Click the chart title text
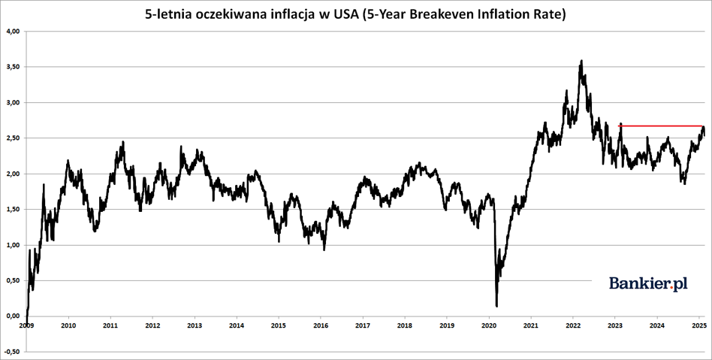pos(355,14)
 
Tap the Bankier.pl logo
pos(647,283)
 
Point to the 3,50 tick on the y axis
pos(13,67)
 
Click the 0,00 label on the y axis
pos(13,316)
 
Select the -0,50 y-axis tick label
pos(12,351)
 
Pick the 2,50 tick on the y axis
pos(13,138)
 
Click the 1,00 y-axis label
pos(13,245)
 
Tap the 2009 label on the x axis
pos(26,325)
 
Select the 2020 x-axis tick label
pos(488,325)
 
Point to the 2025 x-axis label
pos(698,325)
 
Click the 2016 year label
pos(320,325)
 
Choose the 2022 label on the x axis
pos(572,325)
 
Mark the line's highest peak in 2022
pos(581,62)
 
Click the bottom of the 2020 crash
pos(496,305)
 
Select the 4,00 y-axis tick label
pos(13,32)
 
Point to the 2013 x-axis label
pos(194,325)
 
